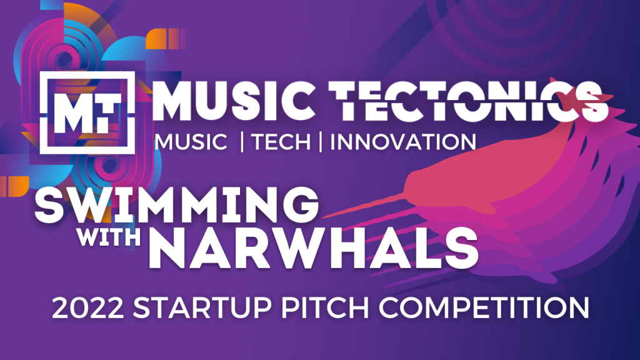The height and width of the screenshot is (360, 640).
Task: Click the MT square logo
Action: (87, 112)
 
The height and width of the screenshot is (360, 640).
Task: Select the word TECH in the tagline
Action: (281, 142)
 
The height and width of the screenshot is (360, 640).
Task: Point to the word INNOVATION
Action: (403, 142)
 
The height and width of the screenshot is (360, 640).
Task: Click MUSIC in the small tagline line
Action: (191, 142)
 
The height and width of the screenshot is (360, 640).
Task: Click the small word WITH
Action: (109, 236)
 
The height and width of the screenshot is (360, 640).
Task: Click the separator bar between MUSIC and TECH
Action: (242, 141)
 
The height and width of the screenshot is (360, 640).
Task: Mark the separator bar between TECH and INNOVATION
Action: (321, 141)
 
